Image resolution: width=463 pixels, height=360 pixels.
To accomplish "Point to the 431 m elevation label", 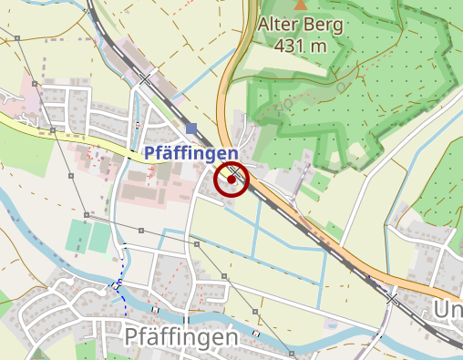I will [x=301, y=46].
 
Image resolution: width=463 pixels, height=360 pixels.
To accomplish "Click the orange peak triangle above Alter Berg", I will [x=301, y=5].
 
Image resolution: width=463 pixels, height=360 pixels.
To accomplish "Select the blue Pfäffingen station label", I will [x=191, y=154].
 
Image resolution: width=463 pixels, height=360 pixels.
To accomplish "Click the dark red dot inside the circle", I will [x=231, y=180].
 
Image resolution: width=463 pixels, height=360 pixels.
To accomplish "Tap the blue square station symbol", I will [x=190, y=128].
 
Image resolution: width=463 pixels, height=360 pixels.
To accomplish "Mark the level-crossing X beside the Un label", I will [x=393, y=298].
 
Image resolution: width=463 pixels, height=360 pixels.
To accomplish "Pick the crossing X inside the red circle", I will [x=236, y=171].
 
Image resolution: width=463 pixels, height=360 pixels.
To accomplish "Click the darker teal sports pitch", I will [x=77, y=237].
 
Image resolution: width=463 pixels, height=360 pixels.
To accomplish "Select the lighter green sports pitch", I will [x=101, y=236].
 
